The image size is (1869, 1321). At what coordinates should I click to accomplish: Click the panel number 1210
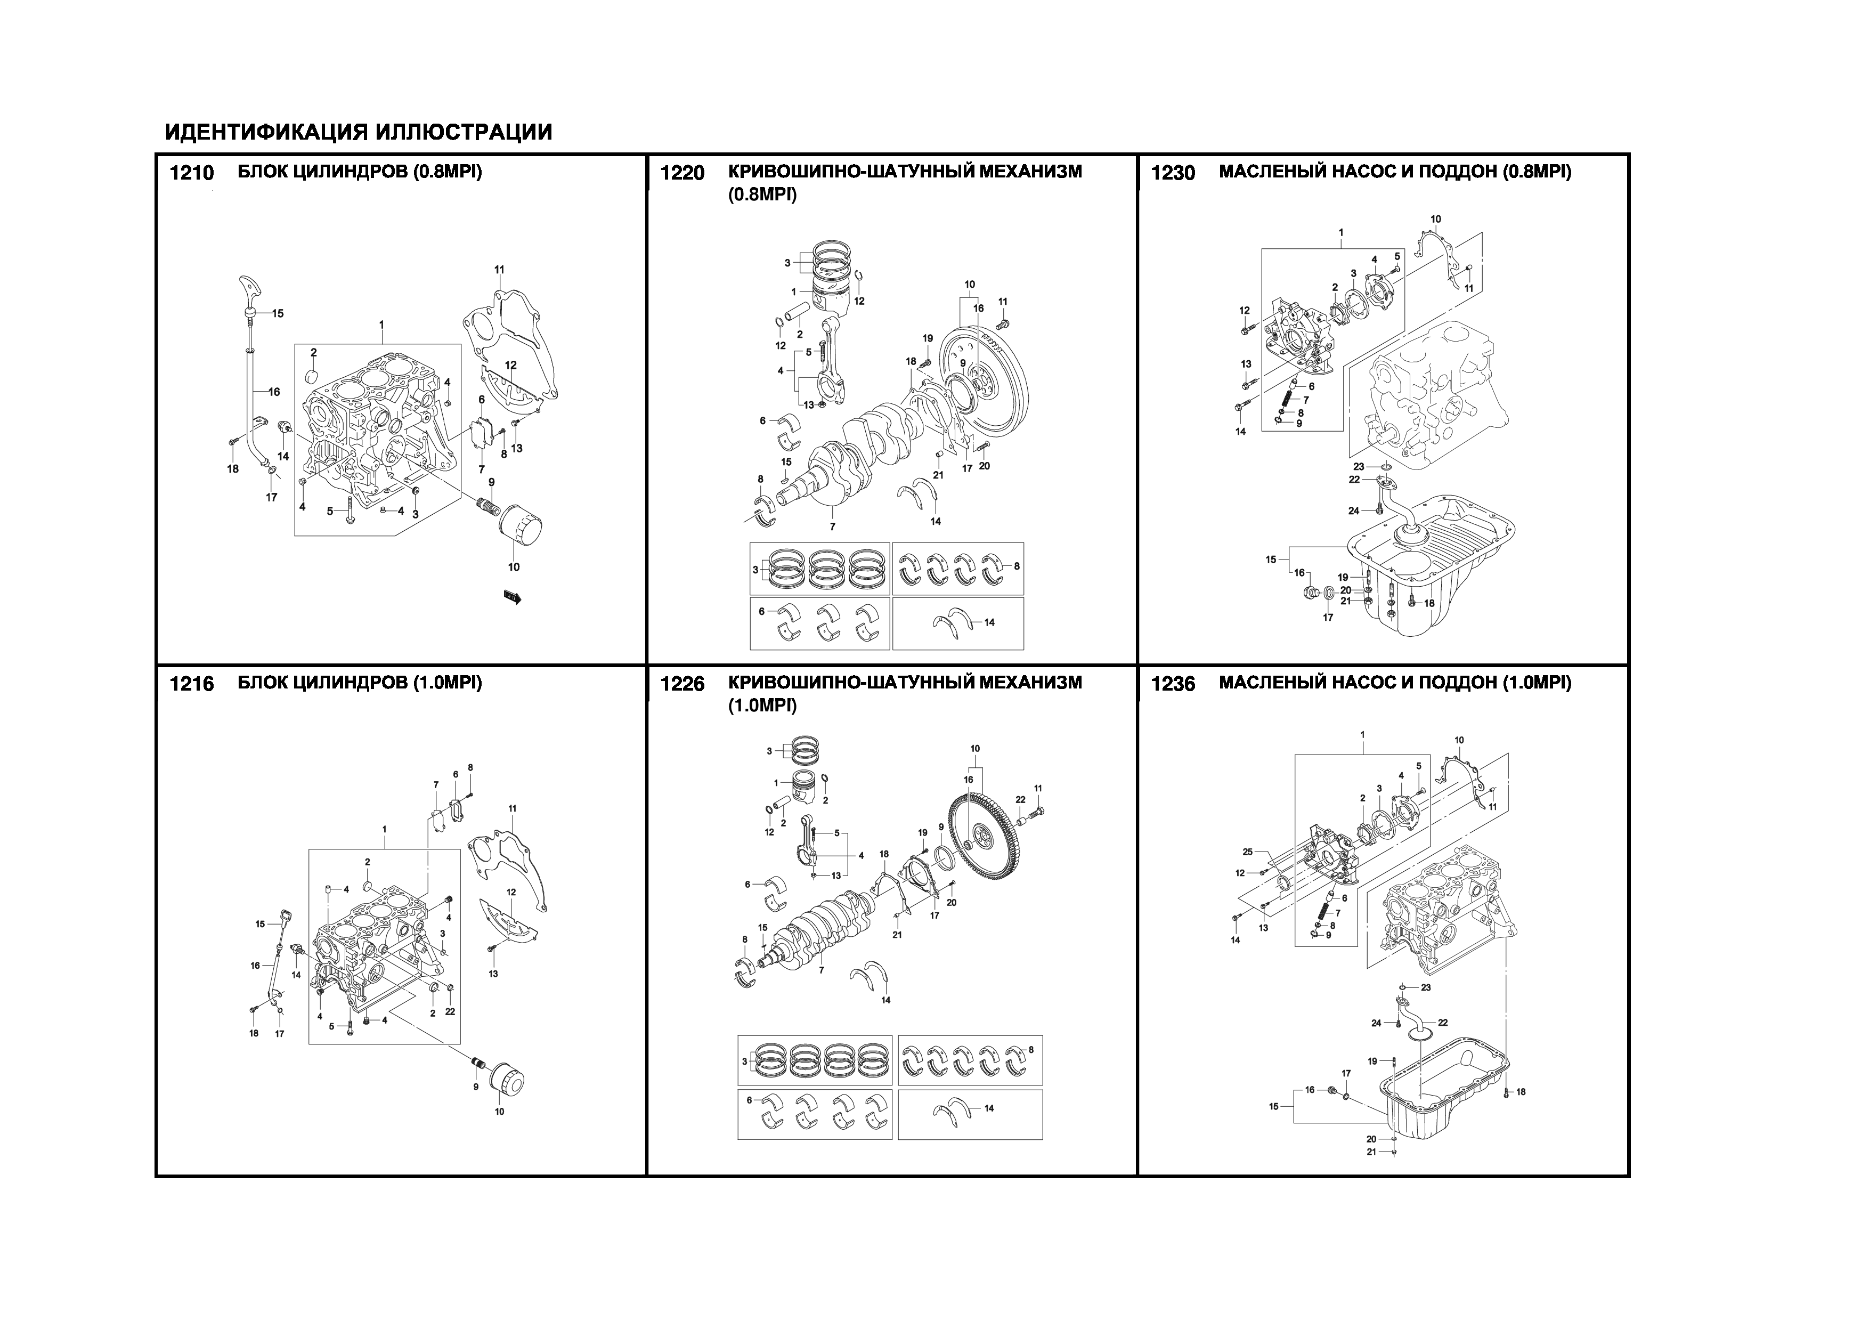point(191,173)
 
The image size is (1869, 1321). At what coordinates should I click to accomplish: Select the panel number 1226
point(681,685)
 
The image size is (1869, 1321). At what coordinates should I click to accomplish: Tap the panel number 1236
point(1173,685)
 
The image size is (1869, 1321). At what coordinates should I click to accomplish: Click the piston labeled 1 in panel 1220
point(831,297)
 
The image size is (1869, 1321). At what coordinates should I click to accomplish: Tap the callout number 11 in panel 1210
point(499,270)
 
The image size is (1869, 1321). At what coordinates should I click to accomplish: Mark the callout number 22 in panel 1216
point(449,1012)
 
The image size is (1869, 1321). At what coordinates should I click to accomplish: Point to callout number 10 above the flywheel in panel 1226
point(975,749)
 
